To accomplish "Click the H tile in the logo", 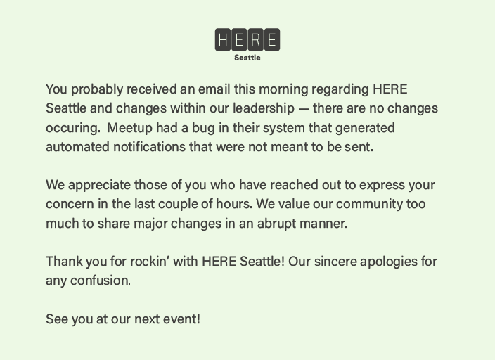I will (x=223, y=40).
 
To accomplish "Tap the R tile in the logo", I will (x=255, y=40).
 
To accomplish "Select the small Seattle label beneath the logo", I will (x=247, y=58).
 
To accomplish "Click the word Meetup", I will (x=131, y=128).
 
